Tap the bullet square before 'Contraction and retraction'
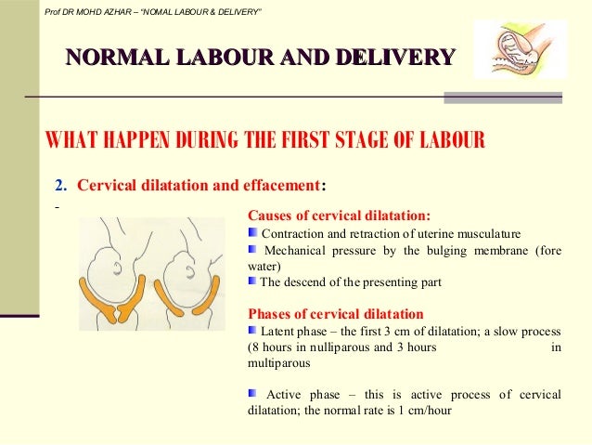point(253,231)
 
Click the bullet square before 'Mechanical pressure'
point(253,248)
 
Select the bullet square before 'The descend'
point(253,281)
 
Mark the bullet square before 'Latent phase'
point(253,330)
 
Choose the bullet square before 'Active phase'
point(253,395)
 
